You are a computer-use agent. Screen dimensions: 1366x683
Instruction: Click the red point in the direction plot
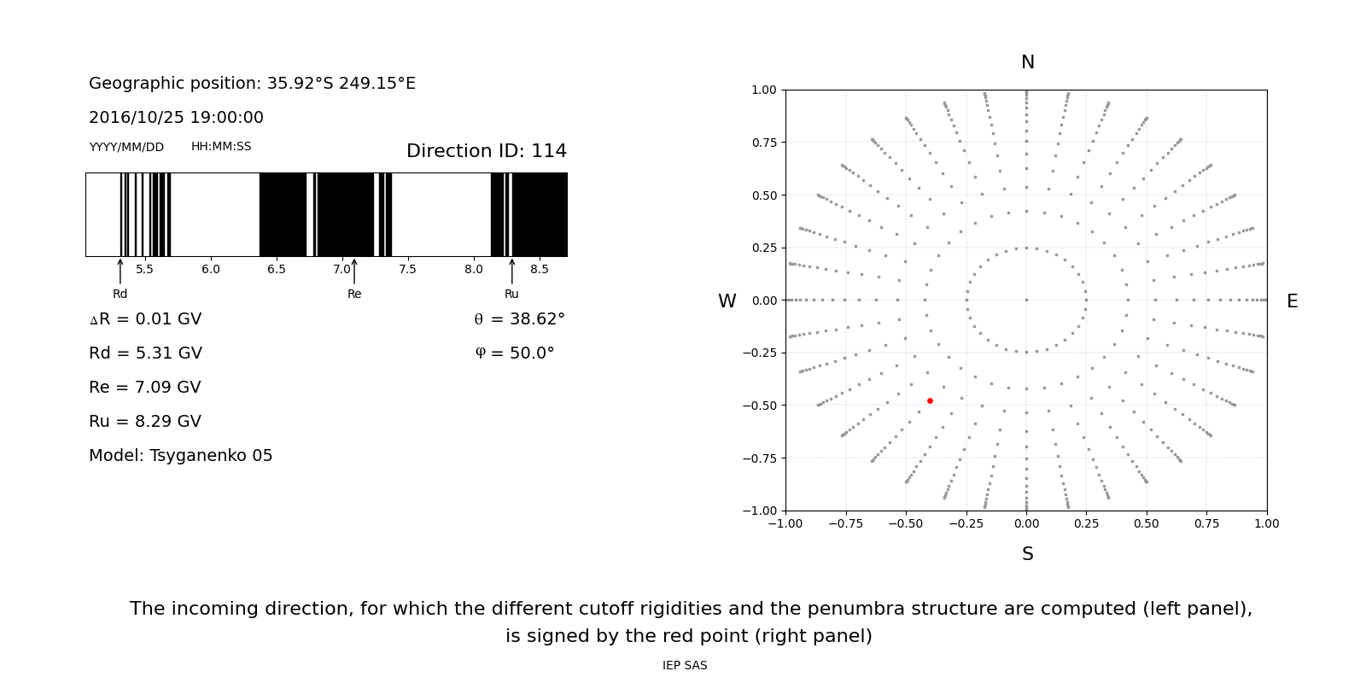tap(930, 400)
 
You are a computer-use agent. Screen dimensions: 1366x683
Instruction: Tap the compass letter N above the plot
tap(1028, 62)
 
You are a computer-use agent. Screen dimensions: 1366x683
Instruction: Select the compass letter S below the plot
tap(1028, 554)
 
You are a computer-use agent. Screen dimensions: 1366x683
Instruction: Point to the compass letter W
tap(727, 301)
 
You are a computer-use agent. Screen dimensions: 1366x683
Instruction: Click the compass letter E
tap(1292, 301)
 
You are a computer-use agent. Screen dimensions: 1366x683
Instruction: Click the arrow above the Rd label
tap(120, 271)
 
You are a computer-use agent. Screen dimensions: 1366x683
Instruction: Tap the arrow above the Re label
tap(354, 271)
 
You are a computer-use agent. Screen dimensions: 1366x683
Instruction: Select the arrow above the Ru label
tap(511, 271)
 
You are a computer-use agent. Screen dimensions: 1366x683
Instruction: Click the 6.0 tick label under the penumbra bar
tap(210, 269)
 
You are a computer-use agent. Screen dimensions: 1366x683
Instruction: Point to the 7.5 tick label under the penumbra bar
tap(407, 269)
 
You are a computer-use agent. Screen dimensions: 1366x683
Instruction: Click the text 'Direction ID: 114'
tap(487, 150)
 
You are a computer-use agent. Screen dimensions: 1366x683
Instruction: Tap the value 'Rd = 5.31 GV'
tap(145, 353)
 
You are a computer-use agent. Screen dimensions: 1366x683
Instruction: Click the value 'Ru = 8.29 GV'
tap(145, 422)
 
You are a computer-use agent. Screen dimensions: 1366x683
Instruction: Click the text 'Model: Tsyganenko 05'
tap(180, 456)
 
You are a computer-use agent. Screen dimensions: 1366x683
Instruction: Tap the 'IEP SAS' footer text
tap(685, 665)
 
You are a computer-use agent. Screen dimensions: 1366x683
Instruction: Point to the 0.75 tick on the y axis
tap(763, 143)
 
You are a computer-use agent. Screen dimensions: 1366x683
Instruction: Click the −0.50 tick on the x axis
tap(906, 523)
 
